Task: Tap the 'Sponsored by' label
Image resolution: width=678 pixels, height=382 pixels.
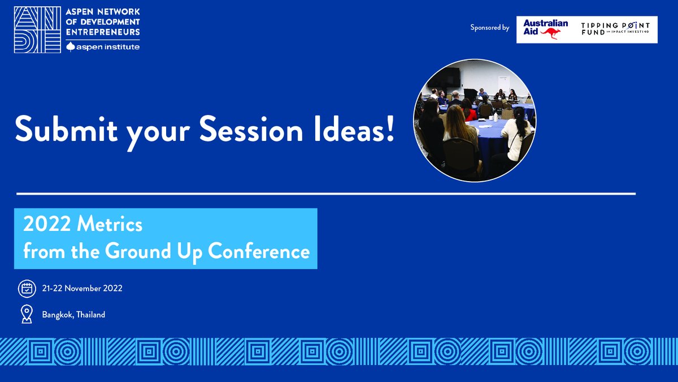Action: click(489, 27)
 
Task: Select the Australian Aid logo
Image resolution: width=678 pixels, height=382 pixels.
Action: click(545, 29)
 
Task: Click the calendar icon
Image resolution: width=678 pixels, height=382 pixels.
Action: click(26, 289)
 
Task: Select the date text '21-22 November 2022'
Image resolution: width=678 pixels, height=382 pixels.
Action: click(82, 289)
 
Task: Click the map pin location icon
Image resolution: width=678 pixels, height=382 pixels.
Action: click(26, 314)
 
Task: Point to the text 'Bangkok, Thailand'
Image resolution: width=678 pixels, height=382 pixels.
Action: click(73, 315)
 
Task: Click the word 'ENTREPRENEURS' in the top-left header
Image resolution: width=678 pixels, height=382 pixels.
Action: click(102, 31)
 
